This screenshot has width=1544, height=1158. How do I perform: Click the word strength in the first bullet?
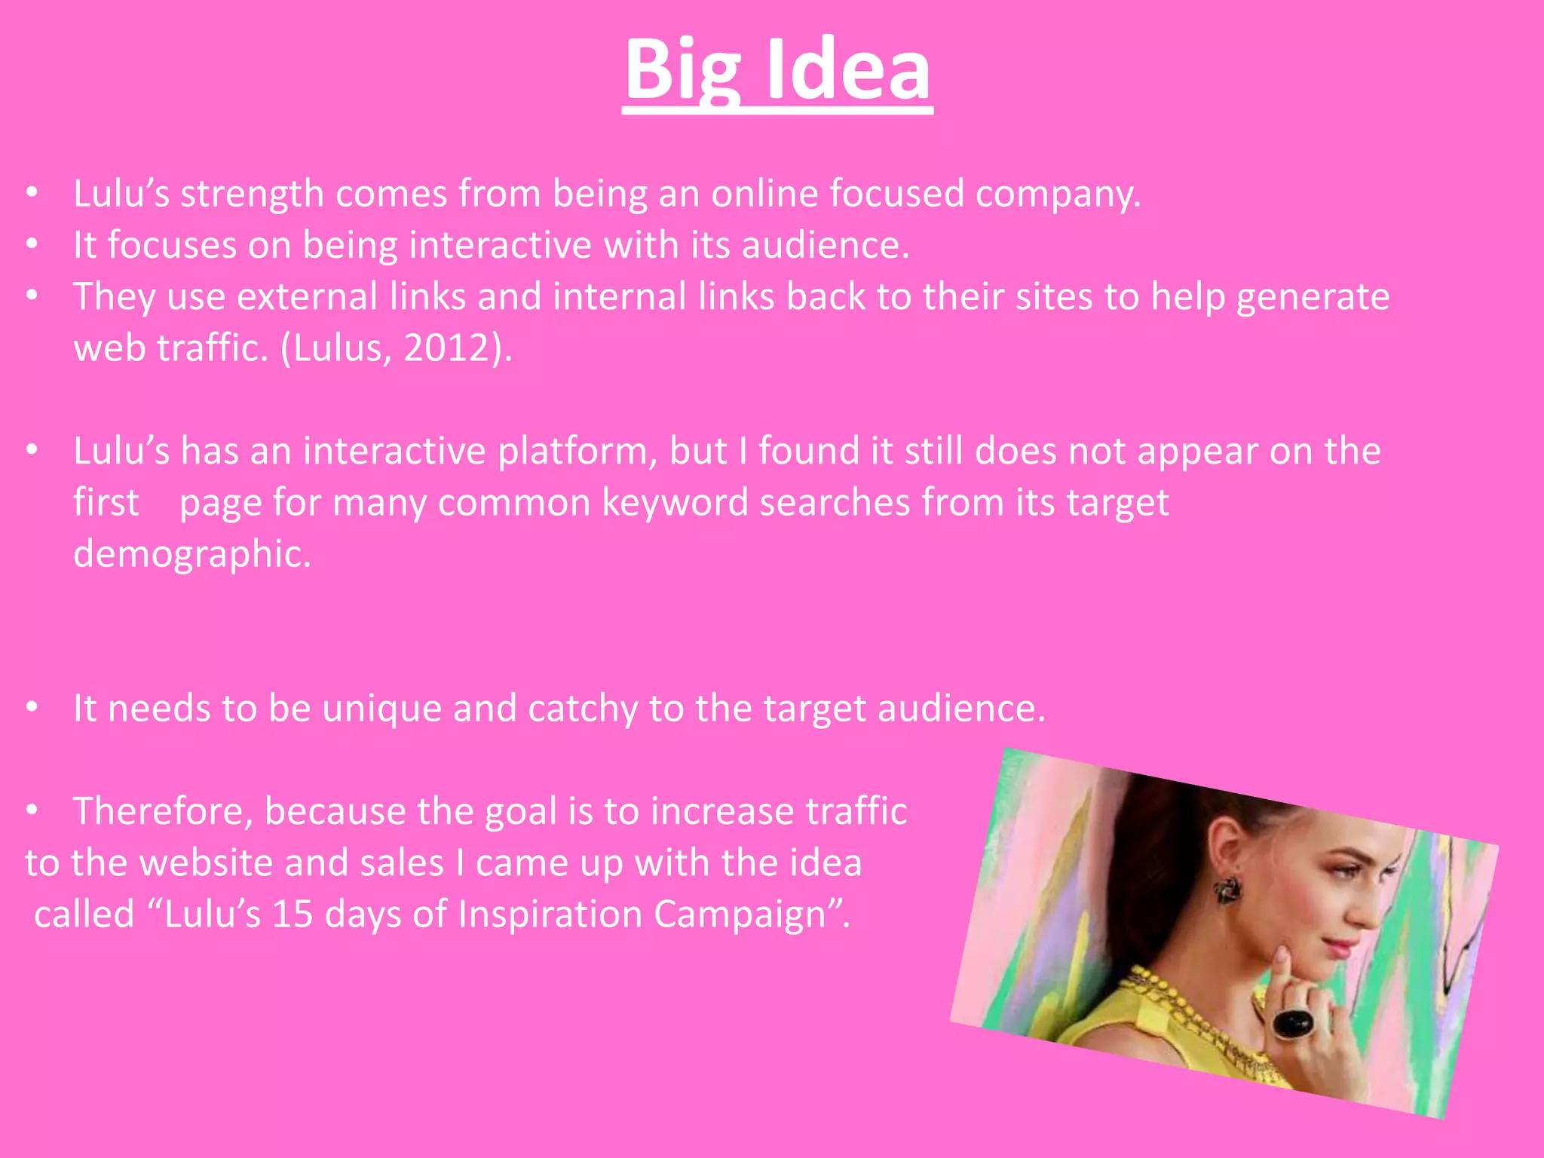(x=252, y=195)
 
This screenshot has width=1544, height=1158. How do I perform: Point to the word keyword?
(x=675, y=504)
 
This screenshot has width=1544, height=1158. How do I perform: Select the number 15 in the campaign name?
(x=293, y=914)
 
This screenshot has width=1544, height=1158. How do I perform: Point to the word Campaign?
(x=746, y=914)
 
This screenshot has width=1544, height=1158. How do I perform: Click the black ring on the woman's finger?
(x=1291, y=1023)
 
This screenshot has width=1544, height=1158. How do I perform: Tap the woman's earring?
(x=1227, y=890)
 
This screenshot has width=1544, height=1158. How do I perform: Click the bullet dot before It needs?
(x=32, y=708)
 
